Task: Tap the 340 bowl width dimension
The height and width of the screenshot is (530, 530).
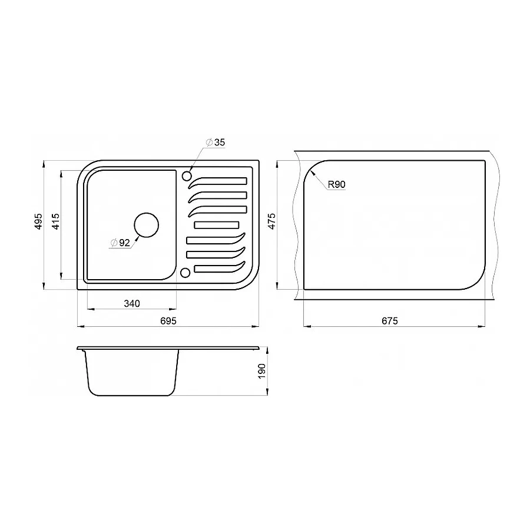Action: (x=131, y=304)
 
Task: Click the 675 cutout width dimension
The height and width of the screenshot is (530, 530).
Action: (x=390, y=321)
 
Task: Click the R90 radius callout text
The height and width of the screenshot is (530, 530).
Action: (x=336, y=185)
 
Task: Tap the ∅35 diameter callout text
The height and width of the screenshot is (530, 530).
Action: (x=216, y=143)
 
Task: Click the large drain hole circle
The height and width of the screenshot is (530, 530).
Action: (x=146, y=224)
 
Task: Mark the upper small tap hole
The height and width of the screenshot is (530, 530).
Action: (x=187, y=175)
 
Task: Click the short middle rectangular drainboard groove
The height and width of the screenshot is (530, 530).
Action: (x=216, y=224)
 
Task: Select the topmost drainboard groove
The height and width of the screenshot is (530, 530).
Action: (x=218, y=181)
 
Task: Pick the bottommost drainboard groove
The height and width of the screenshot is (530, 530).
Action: (x=218, y=268)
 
